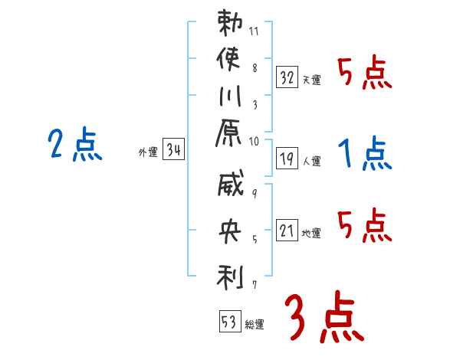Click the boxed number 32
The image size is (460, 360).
click(x=287, y=76)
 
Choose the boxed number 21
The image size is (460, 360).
click(x=287, y=231)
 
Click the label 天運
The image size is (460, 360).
click(x=311, y=80)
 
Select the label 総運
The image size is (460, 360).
click(x=255, y=324)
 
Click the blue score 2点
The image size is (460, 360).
click(x=75, y=145)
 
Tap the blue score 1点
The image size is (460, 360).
click(x=365, y=154)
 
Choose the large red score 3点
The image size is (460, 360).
click(x=323, y=316)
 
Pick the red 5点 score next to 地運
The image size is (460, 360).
click(x=365, y=226)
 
